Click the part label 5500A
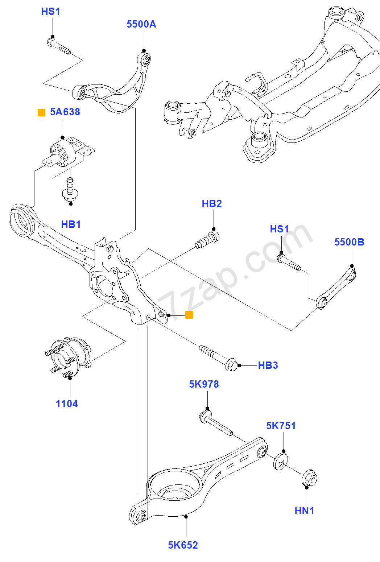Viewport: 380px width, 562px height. tap(141, 24)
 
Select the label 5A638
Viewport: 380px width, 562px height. tap(65, 112)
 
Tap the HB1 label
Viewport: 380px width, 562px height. tap(71, 224)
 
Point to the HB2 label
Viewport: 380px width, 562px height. tap(212, 204)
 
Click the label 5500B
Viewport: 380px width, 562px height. tap(349, 242)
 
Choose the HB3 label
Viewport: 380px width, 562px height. tap(268, 365)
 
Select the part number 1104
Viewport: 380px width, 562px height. tap(67, 404)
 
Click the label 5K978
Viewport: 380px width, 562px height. tap(204, 384)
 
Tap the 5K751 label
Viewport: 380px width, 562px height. tap(281, 426)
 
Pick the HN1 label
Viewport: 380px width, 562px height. tap(304, 511)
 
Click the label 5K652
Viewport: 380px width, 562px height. tap(183, 545)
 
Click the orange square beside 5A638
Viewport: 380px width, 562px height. tap(42, 113)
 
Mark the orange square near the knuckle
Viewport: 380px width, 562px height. tap(189, 315)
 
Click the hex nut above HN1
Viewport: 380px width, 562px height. tap(310, 478)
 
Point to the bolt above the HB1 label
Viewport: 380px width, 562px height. tap(70, 189)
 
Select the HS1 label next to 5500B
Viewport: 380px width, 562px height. tap(279, 229)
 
